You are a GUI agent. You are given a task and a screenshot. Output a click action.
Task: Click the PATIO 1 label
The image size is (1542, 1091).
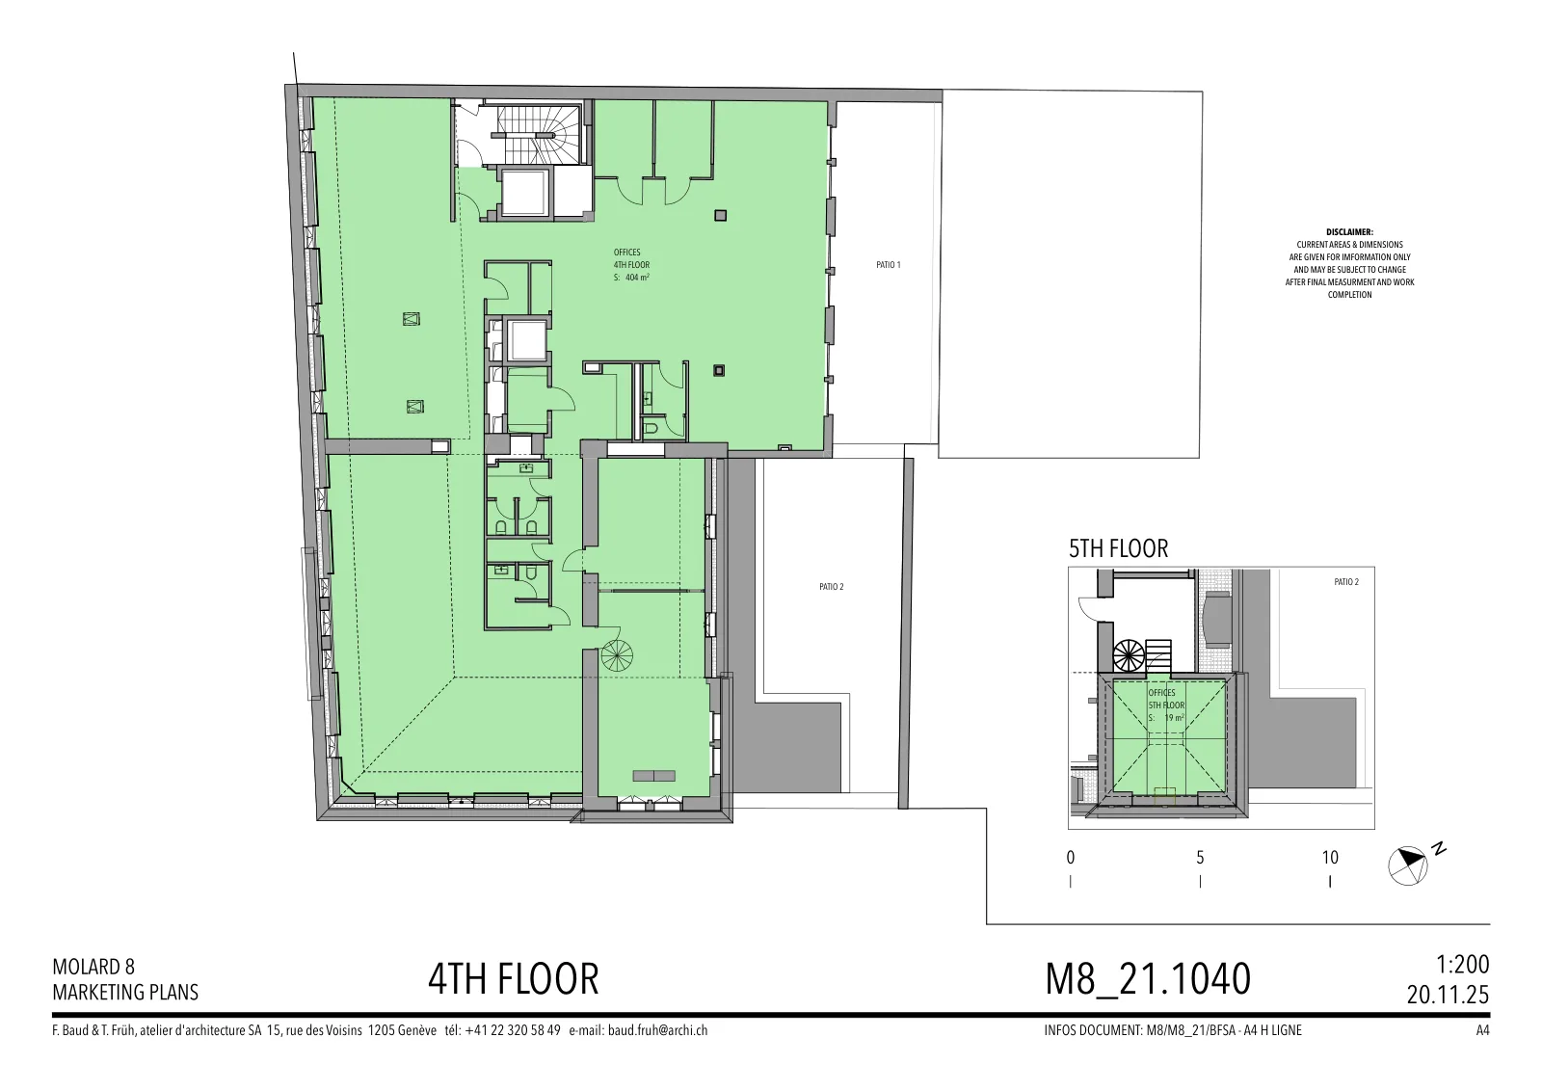(888, 265)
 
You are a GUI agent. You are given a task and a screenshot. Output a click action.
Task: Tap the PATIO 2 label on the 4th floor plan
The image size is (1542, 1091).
(831, 587)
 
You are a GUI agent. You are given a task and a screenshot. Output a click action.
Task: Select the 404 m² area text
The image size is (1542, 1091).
(637, 278)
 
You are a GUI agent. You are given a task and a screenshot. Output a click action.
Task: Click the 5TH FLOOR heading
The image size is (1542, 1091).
(1119, 548)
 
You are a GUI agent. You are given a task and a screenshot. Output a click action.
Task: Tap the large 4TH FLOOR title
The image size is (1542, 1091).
(514, 979)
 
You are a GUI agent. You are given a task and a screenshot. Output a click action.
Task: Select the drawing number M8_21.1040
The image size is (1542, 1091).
(1148, 979)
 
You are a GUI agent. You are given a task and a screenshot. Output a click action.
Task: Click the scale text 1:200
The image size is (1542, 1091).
(1462, 965)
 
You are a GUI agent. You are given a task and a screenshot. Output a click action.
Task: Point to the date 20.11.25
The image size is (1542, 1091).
(1448, 995)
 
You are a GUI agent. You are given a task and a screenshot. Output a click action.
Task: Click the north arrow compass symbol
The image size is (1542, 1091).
(1408, 865)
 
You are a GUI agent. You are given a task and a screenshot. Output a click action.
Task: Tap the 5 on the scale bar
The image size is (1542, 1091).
(1200, 858)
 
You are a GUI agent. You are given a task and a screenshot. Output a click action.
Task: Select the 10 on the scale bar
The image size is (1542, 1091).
(1330, 858)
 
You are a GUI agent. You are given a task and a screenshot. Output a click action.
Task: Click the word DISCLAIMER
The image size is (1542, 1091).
(1349, 232)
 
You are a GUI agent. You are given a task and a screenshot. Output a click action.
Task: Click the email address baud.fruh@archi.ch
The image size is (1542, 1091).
(657, 1030)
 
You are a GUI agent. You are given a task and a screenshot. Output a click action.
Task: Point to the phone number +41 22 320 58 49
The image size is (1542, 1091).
(513, 1030)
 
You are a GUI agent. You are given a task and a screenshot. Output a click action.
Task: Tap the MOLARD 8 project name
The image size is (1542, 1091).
(93, 967)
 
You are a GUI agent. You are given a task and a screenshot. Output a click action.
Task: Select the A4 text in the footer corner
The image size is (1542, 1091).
(1483, 1030)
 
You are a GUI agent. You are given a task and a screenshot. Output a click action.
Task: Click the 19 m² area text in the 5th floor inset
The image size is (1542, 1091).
(1175, 718)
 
